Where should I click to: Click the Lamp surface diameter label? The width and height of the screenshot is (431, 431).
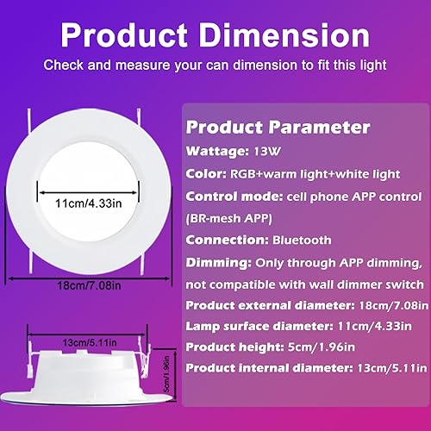[x=259, y=328]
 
